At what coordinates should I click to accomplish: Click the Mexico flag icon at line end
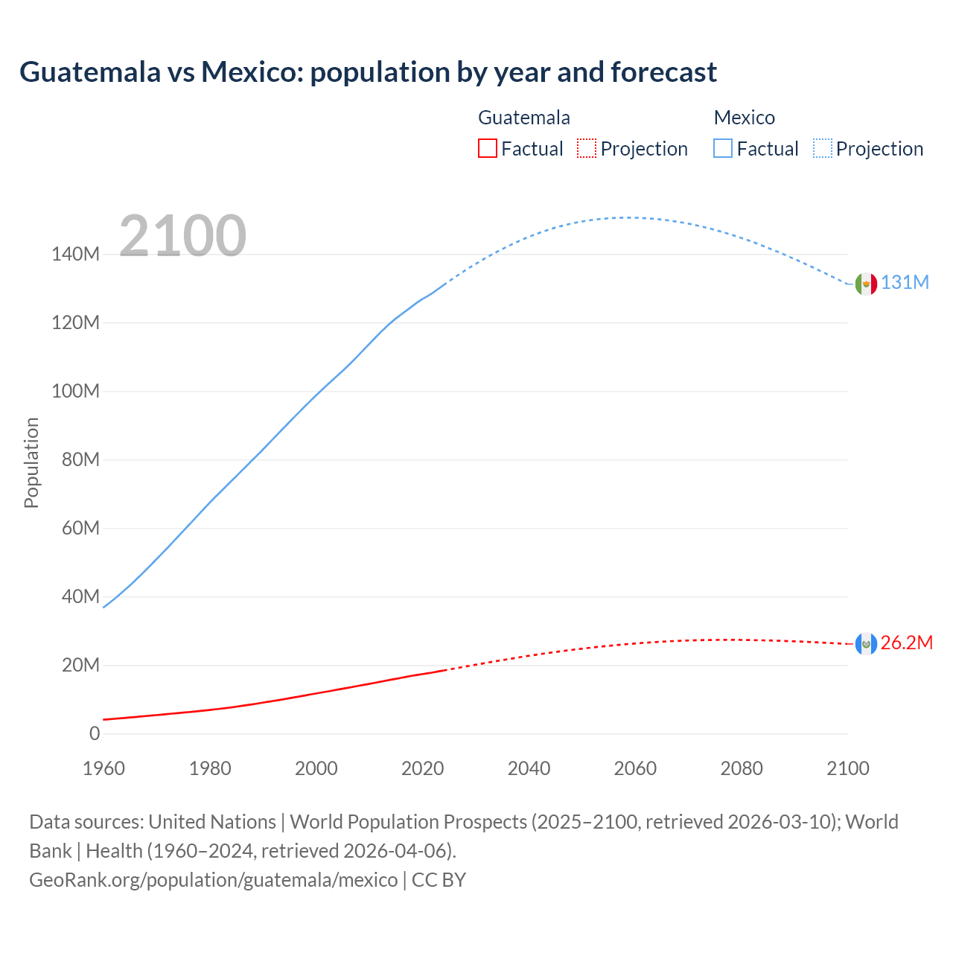point(866,284)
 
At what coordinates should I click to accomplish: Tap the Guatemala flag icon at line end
point(866,644)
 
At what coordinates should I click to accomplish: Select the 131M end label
point(905,283)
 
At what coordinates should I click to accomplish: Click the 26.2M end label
point(906,643)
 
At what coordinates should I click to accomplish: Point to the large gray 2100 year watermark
point(182,236)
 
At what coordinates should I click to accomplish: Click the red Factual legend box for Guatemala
point(487,149)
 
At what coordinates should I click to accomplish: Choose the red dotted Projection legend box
point(587,149)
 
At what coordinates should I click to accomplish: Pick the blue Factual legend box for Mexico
point(722,149)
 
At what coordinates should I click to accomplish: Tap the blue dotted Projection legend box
point(823,149)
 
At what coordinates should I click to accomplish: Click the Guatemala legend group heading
point(523,118)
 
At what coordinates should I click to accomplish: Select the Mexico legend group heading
point(744,118)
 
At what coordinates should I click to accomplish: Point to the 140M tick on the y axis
point(75,255)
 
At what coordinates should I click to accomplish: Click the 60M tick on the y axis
point(80,529)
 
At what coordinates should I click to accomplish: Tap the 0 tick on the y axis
point(95,734)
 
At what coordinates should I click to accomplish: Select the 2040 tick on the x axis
point(529,769)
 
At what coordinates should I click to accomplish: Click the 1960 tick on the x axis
point(103,769)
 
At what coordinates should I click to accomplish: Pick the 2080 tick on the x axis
point(742,769)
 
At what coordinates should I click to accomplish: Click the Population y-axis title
point(31,462)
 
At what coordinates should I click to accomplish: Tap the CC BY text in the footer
point(439,880)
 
